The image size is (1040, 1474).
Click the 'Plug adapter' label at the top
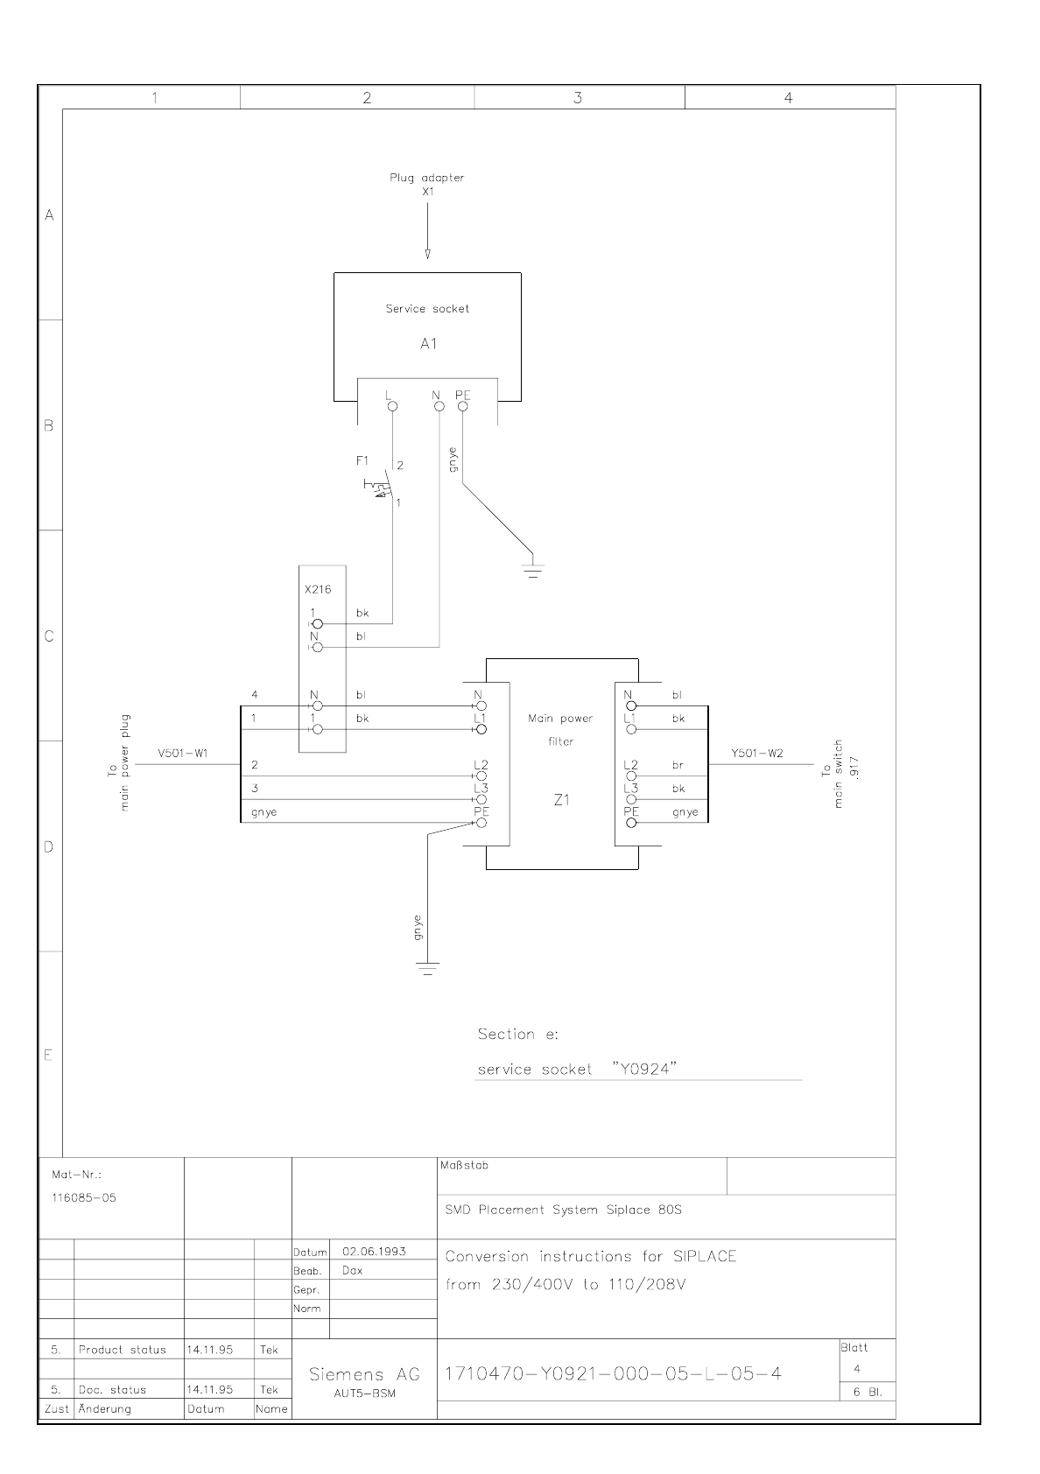point(427,178)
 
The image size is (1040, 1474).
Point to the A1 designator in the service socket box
point(427,344)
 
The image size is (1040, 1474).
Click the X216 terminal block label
point(318,590)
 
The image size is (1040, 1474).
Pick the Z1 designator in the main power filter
point(561,800)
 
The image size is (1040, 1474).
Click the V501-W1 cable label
point(183,754)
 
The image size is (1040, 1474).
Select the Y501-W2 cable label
point(757,754)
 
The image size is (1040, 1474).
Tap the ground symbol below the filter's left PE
point(427,968)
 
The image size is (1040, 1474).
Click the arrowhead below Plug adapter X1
point(427,255)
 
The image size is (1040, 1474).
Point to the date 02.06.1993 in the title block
point(374,1252)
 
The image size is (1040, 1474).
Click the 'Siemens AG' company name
point(364,1374)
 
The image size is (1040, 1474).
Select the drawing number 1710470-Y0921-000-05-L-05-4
point(613,1373)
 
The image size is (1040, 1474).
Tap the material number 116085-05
point(83,1197)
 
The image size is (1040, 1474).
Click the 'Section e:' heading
point(517,1035)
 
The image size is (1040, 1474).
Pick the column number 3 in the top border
point(578,98)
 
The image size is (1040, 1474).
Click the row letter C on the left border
point(49,636)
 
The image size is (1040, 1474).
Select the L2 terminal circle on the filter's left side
point(481,776)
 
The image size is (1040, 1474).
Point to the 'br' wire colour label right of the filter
point(678,765)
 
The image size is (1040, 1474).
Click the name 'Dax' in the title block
point(352,1271)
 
